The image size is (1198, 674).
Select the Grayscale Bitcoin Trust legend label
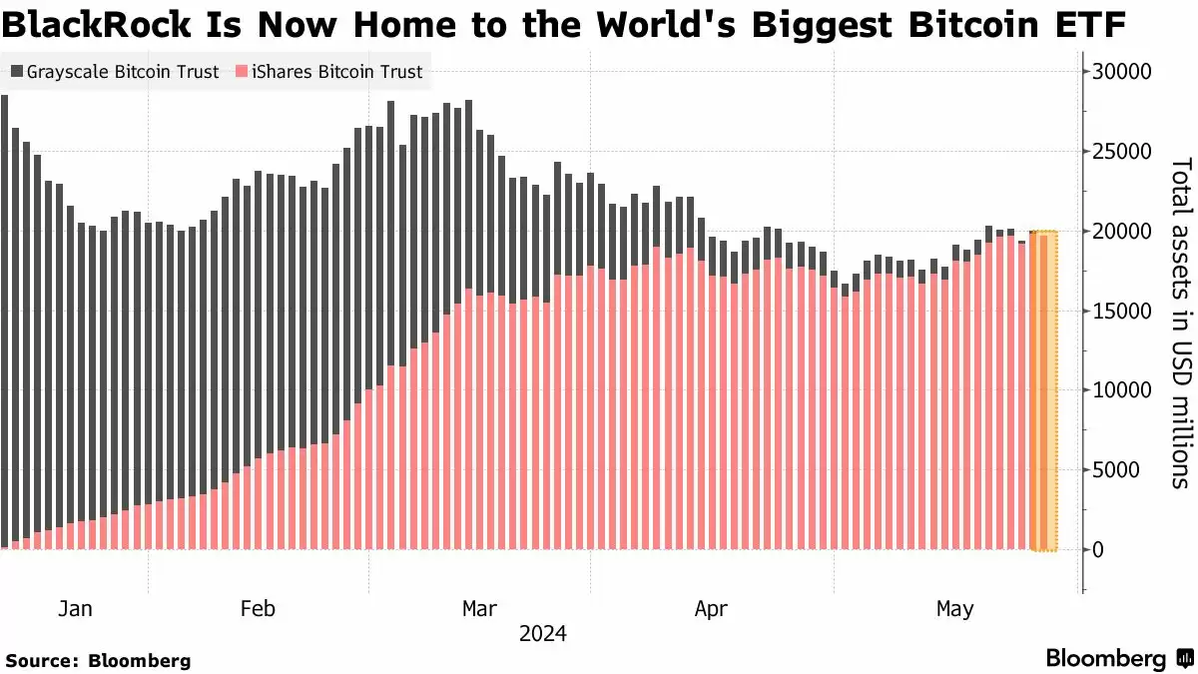click(123, 72)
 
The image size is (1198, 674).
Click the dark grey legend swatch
click(17, 72)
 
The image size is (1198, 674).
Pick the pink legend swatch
click(242, 72)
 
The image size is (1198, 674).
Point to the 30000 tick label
click(1121, 72)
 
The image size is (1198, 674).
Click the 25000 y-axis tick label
click(1121, 152)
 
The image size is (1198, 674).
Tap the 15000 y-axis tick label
click(1121, 311)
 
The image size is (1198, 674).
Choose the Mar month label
click(479, 609)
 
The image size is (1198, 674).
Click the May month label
click(954, 609)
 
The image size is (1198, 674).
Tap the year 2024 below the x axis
click(543, 634)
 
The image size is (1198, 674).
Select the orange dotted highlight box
click(1044, 389)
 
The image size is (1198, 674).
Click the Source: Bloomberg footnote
click(98, 660)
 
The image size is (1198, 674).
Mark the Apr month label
click(711, 609)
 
